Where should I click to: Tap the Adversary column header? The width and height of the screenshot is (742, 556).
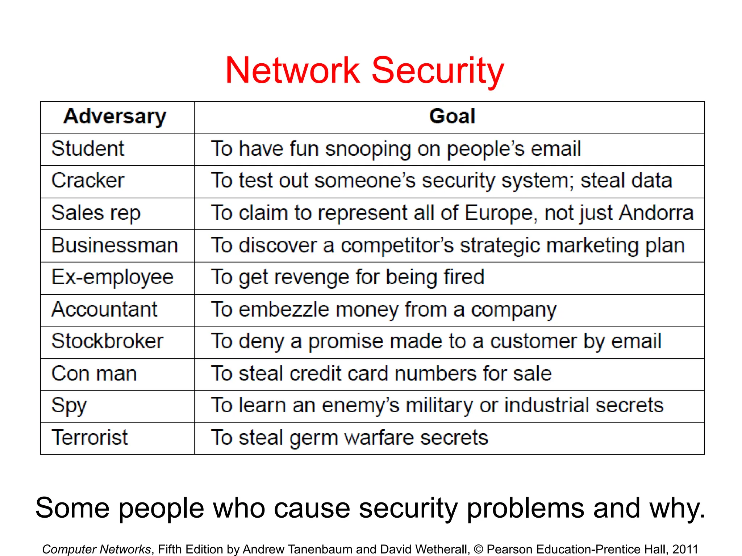(x=115, y=117)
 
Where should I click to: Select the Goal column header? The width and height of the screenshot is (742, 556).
(x=452, y=117)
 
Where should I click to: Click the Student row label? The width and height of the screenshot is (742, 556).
(x=88, y=149)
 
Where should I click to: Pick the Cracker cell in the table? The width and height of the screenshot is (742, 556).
(x=88, y=181)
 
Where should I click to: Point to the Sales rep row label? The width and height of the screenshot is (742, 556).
(x=96, y=213)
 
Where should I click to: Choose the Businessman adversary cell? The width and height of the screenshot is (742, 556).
(x=114, y=245)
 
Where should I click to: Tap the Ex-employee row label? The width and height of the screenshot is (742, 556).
(x=112, y=277)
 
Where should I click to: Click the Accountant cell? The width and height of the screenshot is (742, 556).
(x=104, y=309)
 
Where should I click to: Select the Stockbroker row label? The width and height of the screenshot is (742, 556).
(x=107, y=341)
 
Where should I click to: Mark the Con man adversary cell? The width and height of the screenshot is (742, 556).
(x=94, y=374)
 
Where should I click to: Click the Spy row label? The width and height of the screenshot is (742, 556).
(x=69, y=405)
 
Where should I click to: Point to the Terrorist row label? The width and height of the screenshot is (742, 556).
(x=89, y=438)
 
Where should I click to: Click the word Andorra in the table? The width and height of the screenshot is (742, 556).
(x=656, y=213)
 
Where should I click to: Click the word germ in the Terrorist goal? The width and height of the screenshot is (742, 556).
(x=313, y=438)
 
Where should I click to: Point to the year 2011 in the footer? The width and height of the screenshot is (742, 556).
(x=685, y=549)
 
